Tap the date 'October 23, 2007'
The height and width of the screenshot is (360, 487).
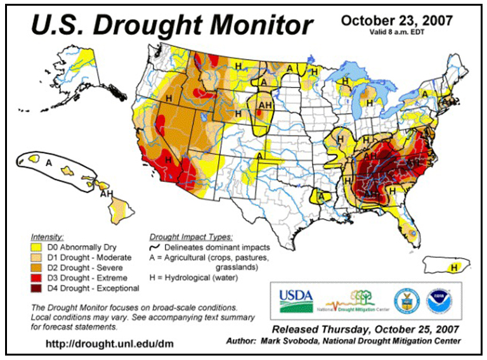pos(396,20)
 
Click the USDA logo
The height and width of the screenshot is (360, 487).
pos(296,299)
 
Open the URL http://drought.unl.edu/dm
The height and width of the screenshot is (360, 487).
pos(109,344)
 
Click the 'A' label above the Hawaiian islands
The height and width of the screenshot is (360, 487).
pos(48,162)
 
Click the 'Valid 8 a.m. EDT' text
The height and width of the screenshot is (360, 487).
pos(396,32)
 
